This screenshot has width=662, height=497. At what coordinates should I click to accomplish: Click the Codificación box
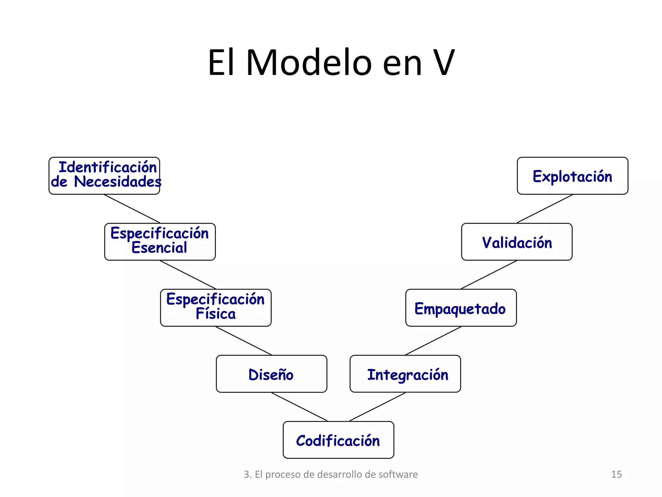click(x=338, y=440)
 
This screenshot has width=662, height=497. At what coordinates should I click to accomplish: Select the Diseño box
click(x=271, y=374)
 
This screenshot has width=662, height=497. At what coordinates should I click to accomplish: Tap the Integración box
click(x=405, y=374)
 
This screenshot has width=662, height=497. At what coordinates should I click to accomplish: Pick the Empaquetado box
click(x=461, y=308)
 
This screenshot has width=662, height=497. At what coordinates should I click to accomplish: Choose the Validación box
click(x=517, y=242)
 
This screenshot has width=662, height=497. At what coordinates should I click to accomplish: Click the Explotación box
click(x=572, y=176)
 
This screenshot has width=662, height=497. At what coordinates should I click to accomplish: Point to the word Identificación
click(x=108, y=167)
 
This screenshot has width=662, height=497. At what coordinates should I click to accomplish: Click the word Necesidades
click(x=118, y=182)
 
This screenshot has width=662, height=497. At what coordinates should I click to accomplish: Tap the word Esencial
click(x=159, y=248)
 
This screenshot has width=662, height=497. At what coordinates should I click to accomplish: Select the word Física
click(x=216, y=314)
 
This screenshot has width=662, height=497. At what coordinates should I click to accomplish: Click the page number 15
click(x=616, y=474)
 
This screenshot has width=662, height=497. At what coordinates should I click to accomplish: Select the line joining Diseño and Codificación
click(x=299, y=407)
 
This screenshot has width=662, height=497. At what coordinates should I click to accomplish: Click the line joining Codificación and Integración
click(x=377, y=407)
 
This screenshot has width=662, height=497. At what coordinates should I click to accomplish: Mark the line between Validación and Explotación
click(x=545, y=209)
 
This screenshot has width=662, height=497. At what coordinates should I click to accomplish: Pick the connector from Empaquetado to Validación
click(x=489, y=275)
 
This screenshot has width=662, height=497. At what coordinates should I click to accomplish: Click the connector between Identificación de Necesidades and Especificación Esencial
click(x=132, y=209)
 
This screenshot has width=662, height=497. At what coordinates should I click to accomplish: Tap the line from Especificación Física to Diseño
click(x=243, y=341)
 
